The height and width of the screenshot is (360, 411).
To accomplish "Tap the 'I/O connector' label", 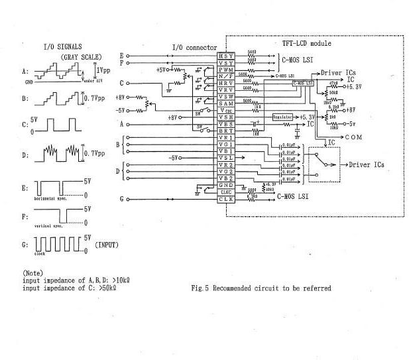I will click(192, 46).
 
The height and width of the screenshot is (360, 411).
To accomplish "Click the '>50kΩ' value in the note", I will click(106, 288).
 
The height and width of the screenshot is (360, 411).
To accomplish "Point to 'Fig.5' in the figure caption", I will click(200, 288).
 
